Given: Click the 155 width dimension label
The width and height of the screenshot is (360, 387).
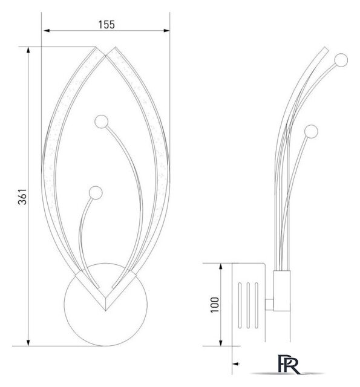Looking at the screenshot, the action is point(106,25).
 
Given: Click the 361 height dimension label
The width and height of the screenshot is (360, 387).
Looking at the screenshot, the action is point(22,197).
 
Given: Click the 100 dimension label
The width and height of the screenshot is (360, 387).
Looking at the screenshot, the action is point(215,305).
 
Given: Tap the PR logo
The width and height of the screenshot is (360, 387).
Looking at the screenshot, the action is point(289,364).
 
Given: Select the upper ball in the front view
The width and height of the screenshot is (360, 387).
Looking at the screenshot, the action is point(101,122).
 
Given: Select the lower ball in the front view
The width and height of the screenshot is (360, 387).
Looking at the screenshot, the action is point(96,193).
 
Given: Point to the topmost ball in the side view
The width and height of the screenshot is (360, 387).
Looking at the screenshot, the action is point(341,60).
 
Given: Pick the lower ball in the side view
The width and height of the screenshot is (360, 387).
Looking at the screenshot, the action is point(311,131).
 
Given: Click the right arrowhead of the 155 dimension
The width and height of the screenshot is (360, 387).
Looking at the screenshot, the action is point(166,31).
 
